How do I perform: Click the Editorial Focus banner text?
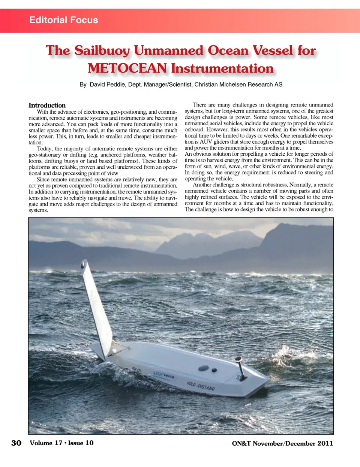point(64,20)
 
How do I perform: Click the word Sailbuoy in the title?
point(102,51)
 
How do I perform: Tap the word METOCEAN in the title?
point(127,69)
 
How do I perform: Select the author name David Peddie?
point(107,85)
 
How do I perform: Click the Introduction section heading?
point(47,105)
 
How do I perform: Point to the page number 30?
point(16,443)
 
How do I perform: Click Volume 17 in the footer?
point(46,443)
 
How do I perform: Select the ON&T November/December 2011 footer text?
point(282,443)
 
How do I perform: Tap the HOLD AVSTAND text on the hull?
point(201,386)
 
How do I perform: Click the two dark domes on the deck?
point(208,369)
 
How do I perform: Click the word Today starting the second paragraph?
point(44,149)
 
